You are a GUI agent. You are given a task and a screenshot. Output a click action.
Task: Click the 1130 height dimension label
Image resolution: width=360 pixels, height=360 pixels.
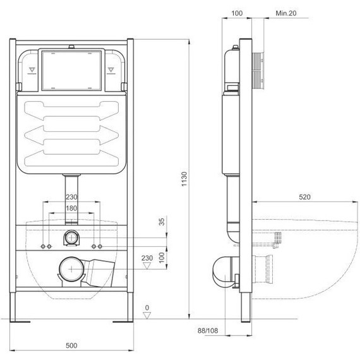184,179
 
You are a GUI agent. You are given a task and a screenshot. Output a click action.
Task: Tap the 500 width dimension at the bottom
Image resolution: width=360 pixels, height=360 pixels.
71,345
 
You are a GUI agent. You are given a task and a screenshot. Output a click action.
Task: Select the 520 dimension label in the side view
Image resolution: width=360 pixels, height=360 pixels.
304,197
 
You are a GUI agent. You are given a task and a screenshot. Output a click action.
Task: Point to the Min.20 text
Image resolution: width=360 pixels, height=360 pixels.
286,13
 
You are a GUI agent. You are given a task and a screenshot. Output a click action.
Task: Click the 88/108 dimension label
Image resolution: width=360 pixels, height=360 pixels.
208,330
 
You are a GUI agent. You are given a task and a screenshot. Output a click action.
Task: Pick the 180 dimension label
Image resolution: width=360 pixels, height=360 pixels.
71,208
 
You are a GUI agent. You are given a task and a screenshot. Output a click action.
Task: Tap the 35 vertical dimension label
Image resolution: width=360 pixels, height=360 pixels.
162,222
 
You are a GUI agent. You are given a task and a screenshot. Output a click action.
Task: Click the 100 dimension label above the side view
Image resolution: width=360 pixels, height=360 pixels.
237,13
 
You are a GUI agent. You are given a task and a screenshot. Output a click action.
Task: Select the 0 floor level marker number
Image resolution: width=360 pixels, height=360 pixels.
147,308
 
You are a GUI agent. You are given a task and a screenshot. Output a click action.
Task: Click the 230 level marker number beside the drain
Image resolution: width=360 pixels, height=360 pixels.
147,258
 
